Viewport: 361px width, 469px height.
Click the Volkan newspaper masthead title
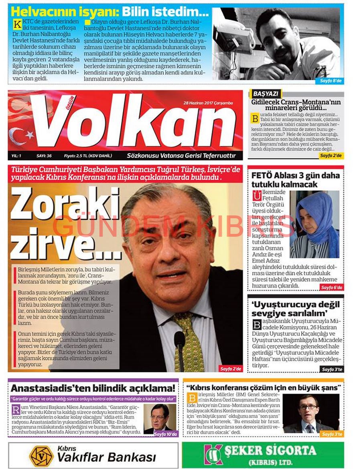[x=132, y=122]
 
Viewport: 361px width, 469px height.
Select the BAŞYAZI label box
[x=265, y=93]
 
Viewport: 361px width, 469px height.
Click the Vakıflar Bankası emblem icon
[x=41, y=456]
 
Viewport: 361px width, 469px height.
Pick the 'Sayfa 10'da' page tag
[x=166, y=434]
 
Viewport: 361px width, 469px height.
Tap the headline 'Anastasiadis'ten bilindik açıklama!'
[x=93, y=388]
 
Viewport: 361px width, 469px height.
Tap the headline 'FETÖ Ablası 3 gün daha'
[x=295, y=175]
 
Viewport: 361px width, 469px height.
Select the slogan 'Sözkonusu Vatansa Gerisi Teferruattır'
[x=181, y=156]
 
